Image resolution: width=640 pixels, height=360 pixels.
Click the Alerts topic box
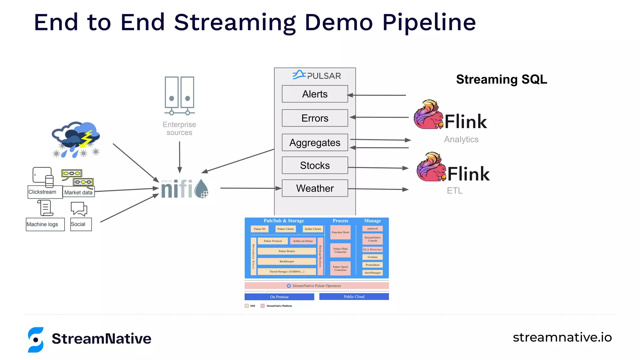(x=315, y=94)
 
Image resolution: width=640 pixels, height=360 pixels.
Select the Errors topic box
(x=315, y=118)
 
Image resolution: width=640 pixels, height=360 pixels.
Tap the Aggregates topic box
(x=315, y=142)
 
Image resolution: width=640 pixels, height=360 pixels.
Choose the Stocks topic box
(x=315, y=165)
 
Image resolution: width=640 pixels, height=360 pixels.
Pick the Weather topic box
(x=315, y=188)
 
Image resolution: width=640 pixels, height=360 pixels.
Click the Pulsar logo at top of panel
(x=316, y=75)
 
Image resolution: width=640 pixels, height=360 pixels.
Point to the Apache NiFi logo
(x=184, y=189)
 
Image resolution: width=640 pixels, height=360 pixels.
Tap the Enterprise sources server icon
(x=179, y=96)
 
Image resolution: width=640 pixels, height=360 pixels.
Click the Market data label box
(x=78, y=192)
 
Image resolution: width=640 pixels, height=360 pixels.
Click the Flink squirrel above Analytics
(x=428, y=115)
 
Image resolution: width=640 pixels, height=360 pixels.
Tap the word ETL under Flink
(x=454, y=191)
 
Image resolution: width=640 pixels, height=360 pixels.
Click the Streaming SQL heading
(x=501, y=79)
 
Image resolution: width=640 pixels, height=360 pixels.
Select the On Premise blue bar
(x=279, y=297)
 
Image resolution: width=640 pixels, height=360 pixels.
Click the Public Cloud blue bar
(x=354, y=297)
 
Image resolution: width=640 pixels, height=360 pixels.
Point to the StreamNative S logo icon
(x=36, y=340)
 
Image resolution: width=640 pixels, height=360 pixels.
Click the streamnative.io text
(x=562, y=337)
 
